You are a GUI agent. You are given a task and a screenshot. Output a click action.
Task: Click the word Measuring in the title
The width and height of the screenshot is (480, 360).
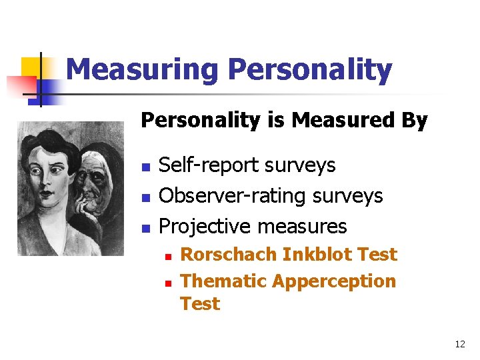(x=143, y=70)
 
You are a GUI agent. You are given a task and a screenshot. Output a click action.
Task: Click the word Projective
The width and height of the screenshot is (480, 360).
(x=205, y=227)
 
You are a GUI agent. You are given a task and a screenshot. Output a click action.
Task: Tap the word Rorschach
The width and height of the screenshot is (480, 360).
(x=229, y=255)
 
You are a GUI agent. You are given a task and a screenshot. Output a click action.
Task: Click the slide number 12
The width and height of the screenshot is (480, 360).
(x=459, y=345)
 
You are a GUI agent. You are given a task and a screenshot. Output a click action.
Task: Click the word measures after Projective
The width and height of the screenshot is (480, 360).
(x=302, y=227)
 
